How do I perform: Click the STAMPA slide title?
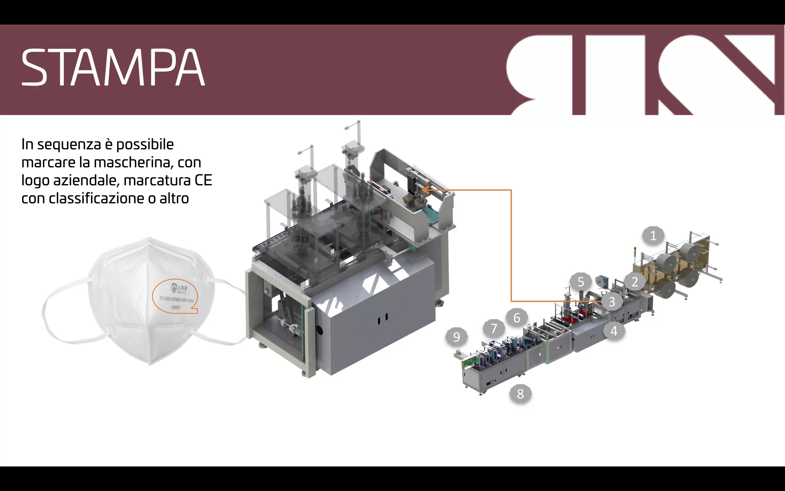(113, 68)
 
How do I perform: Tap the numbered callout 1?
(653, 236)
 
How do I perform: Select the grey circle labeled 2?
(635, 282)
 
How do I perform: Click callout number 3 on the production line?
(612, 302)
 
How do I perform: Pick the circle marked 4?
(614, 331)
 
